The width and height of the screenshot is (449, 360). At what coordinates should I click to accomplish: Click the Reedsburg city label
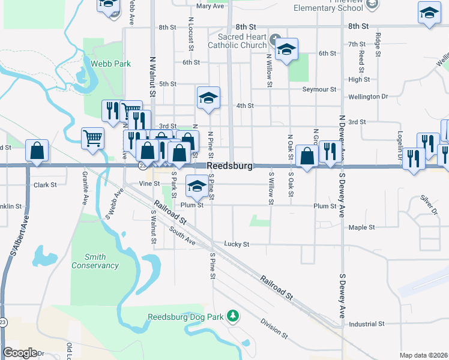click(230, 166)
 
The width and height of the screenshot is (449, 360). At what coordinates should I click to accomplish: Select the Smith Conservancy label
click(95, 261)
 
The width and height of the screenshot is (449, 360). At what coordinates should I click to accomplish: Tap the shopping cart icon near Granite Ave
click(93, 137)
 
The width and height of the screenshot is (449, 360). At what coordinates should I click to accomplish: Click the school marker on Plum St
click(196, 185)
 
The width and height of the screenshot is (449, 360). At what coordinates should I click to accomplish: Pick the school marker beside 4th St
click(208, 97)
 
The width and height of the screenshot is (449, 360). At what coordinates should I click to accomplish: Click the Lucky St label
click(237, 244)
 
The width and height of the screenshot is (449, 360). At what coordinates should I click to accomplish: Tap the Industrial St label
click(366, 323)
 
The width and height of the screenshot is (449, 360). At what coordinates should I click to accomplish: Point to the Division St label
click(274, 326)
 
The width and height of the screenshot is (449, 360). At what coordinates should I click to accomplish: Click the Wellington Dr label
click(368, 97)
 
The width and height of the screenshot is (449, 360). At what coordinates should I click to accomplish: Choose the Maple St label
click(361, 227)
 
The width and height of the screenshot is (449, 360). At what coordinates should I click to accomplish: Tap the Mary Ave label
click(209, 7)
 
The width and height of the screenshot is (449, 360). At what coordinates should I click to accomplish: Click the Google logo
click(20, 353)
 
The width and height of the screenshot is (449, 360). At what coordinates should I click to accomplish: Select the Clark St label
click(45, 185)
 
